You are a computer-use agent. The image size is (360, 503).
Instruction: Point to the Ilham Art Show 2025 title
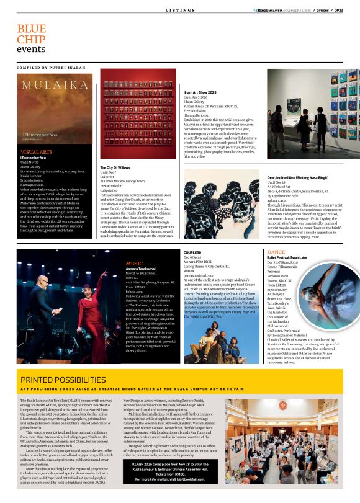tap(199, 92)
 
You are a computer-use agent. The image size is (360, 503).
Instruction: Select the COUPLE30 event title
tap(192, 253)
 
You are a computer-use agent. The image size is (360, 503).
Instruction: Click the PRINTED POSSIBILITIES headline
tap(63, 379)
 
